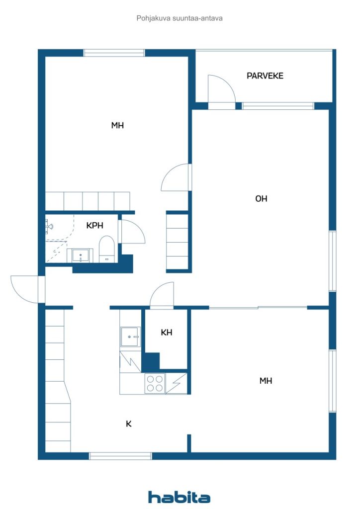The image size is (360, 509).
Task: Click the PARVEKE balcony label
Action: pyautogui.click(x=265, y=76)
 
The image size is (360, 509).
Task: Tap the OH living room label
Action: pyautogui.click(x=262, y=199)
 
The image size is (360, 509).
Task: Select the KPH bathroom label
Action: pyautogui.click(x=95, y=225)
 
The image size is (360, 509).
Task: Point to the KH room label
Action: pyautogui.click(x=167, y=333)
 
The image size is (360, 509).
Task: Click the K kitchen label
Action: pyautogui.click(x=129, y=424)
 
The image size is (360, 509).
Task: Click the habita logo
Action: pyautogui.click(x=179, y=497)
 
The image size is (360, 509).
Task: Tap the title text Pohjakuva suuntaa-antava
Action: pyautogui.click(x=180, y=18)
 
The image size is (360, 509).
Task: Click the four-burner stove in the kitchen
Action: pyautogui.click(x=155, y=384)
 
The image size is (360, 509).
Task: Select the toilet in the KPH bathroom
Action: pyautogui.click(x=107, y=249)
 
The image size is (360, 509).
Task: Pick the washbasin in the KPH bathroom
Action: pyautogui.click(x=80, y=256)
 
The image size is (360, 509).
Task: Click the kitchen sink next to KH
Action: pyautogui.click(x=130, y=337)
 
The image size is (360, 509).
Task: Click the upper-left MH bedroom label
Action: pyautogui.click(x=117, y=125)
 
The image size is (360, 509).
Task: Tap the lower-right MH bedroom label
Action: pyautogui.click(x=266, y=381)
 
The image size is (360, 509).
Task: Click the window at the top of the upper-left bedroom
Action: pyautogui.click(x=114, y=53)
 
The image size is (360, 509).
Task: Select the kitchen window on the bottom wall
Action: pyautogui.click(x=120, y=456)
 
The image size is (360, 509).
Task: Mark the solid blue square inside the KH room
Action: pyautogui.click(x=151, y=361)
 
